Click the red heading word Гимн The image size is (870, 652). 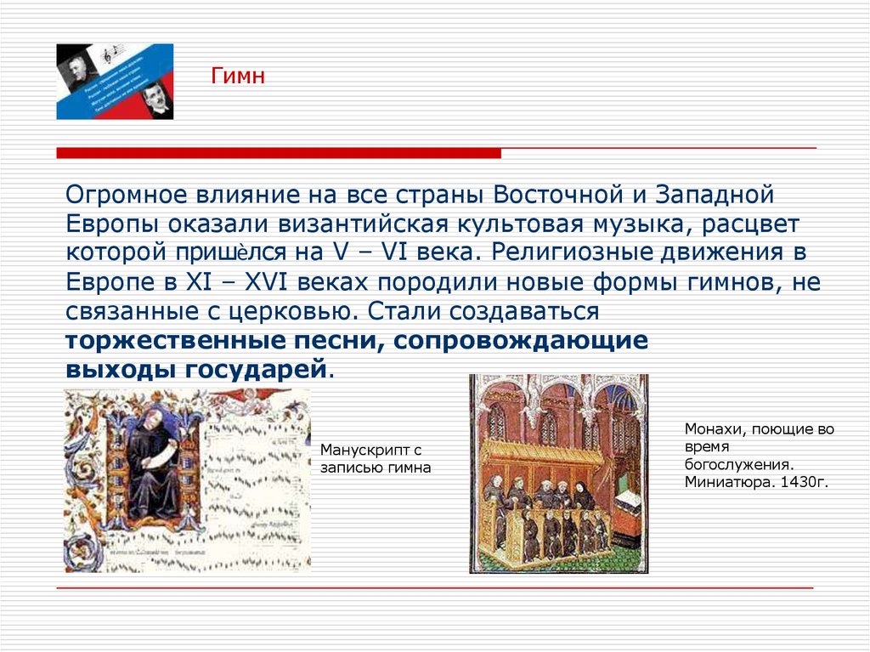tap(239, 77)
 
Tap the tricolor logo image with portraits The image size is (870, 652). tap(115, 82)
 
